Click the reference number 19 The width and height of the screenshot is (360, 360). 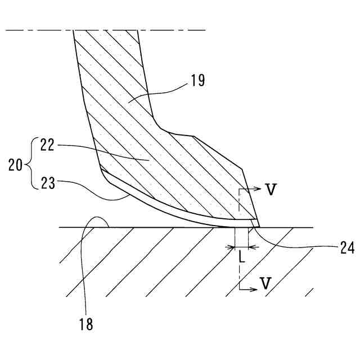(197, 80)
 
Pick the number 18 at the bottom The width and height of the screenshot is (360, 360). (86, 325)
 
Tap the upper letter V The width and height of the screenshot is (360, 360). (271, 190)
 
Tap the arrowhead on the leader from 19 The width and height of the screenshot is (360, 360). (130, 101)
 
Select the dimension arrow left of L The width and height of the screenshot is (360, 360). (231, 246)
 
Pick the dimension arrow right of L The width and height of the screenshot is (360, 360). (251, 246)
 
